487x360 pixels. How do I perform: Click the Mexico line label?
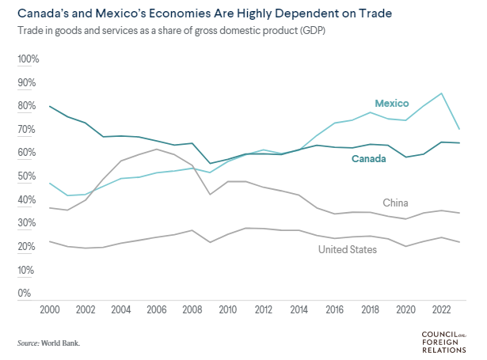tap(391, 104)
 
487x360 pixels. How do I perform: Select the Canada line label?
tap(370, 159)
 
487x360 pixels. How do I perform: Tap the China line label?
tap(394, 203)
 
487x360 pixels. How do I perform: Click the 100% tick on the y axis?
tap(28, 59)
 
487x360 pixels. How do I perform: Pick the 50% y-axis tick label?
tap(28, 176)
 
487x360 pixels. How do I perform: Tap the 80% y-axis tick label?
tap(28, 106)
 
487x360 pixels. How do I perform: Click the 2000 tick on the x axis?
tap(50, 310)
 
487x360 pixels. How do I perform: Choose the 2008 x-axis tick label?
tap(192, 310)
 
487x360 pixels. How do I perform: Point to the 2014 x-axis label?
tap(299, 310)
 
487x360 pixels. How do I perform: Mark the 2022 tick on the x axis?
tap(441, 310)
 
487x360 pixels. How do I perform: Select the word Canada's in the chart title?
tap(40, 14)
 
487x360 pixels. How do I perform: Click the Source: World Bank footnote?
tap(49, 343)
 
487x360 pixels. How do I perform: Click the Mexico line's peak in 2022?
tap(442, 93)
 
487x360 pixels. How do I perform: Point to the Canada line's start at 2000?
tap(50, 106)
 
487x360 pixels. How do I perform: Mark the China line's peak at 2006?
tap(157, 150)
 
